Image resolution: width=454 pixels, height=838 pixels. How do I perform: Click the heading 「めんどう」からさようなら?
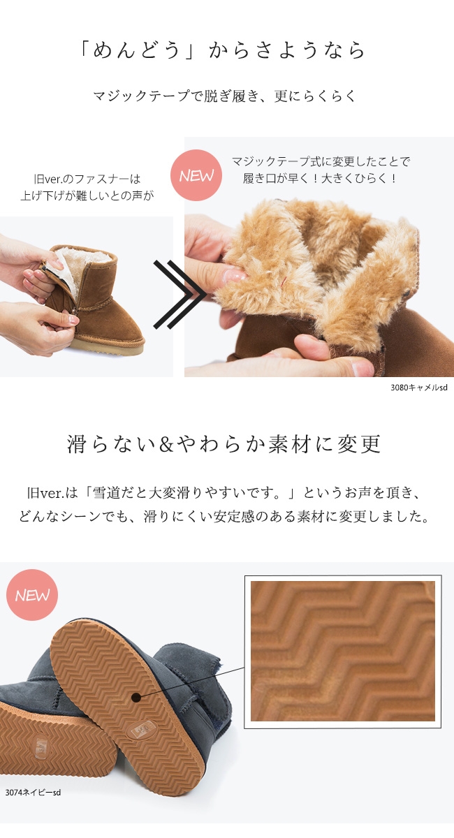(222, 50)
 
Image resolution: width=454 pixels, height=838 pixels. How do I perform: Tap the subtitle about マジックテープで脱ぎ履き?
(224, 96)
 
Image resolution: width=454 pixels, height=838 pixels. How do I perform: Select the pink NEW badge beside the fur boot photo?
(196, 175)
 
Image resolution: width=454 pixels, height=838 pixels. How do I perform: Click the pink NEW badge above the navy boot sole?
(32, 595)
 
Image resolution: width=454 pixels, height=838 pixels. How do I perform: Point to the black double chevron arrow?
(180, 295)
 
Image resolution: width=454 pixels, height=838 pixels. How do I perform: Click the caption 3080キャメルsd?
(419, 388)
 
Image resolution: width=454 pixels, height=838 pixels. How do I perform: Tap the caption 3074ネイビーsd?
(33, 793)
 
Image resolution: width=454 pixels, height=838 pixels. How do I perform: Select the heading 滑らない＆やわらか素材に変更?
(224, 444)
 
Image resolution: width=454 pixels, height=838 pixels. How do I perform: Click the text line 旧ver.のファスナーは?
(87, 179)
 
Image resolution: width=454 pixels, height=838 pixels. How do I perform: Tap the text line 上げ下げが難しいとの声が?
(87, 196)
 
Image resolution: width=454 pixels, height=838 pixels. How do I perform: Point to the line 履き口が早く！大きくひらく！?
(321, 178)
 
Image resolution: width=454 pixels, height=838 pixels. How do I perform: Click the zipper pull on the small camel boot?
(75, 311)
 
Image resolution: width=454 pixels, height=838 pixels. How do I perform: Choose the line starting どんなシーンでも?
(225, 517)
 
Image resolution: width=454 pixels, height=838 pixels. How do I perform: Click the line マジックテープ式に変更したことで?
(321, 161)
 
